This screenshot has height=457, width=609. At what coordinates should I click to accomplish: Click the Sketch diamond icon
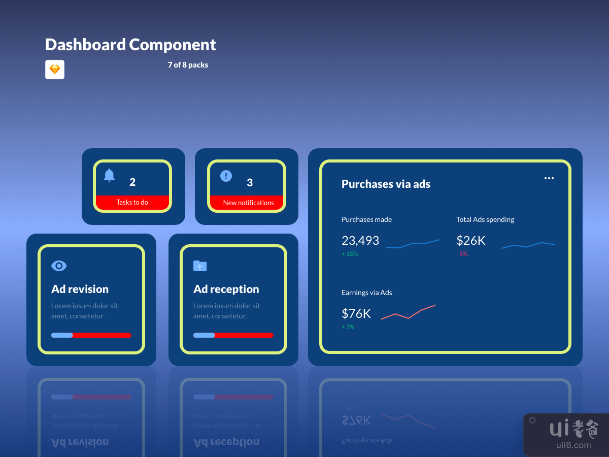pos(55,70)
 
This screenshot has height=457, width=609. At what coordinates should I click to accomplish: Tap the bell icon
pos(109,176)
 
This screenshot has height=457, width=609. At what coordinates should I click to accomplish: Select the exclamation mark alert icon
pos(226,176)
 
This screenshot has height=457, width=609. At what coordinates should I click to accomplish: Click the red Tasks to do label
pos(132,203)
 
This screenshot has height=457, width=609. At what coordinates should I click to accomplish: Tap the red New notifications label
pos(249,203)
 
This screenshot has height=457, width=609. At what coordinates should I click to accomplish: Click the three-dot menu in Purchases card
pos(549,178)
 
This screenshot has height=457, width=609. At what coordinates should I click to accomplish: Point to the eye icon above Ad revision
pos(59,266)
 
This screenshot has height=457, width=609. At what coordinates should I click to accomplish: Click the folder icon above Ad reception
pos(200,266)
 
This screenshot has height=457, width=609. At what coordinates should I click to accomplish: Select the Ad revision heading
pos(80,289)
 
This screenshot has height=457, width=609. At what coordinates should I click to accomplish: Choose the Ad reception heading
pos(226,289)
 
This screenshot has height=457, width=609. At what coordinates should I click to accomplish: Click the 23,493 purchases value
pos(360,241)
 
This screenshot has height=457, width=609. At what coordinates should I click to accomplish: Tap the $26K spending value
pos(471,241)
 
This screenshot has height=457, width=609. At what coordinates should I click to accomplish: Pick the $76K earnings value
pos(356,314)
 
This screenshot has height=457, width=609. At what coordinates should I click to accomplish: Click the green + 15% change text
pos(350,254)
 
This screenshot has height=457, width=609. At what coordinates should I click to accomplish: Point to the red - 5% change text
pos(462,254)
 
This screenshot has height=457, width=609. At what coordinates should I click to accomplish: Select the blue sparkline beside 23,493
pos(413,244)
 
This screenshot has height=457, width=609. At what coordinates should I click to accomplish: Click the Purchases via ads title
pos(386,184)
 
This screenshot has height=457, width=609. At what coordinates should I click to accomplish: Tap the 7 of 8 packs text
pos(188,65)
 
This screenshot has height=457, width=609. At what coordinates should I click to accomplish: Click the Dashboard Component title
pos(130,45)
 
